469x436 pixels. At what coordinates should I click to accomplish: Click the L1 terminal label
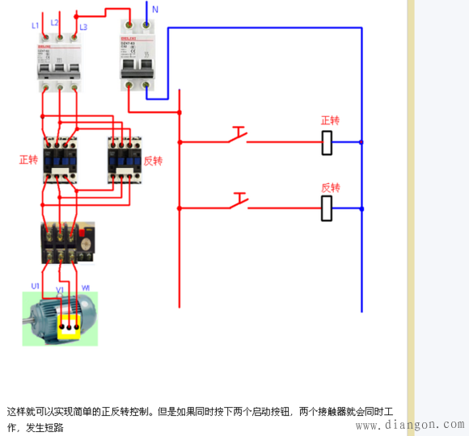(36, 26)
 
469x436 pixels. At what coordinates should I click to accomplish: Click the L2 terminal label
(54, 23)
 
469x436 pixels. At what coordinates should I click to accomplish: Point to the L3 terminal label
(83, 27)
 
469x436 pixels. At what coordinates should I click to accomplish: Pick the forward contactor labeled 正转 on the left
(60, 157)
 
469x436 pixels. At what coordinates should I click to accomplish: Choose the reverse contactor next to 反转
(125, 156)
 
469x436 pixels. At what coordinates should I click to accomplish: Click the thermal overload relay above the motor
(67, 242)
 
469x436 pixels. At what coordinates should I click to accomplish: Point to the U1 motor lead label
(35, 287)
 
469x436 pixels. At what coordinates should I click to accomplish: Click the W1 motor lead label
(86, 287)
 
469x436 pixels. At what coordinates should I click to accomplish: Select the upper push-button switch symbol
(237, 136)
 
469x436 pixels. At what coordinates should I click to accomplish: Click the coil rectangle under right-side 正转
(327, 142)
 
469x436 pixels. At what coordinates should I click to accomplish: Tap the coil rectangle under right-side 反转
(327, 208)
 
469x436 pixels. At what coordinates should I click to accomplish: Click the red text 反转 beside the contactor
(153, 161)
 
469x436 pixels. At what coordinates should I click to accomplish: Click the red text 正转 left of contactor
(28, 160)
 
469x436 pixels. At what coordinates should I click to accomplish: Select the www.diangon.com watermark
(410, 425)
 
